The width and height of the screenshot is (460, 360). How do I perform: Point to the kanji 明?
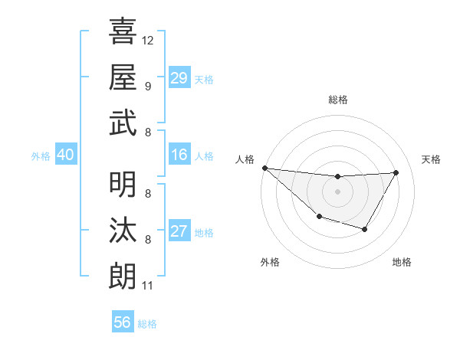coord(123,184)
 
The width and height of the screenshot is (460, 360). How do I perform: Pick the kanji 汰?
coord(123,230)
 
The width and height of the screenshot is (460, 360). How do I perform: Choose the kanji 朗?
coord(123,276)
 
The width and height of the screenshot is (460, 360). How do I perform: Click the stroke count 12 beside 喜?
coord(148,40)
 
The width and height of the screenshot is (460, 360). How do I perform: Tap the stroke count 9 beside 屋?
coord(147,86)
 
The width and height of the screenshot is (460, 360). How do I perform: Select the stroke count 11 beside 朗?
coord(147,286)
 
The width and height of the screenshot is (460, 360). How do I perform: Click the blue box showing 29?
coord(179,78)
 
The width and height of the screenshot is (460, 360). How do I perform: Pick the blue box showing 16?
coord(179,155)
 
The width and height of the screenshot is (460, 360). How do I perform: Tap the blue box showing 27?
coord(179,231)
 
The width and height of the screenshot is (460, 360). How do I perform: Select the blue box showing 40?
coord(65,155)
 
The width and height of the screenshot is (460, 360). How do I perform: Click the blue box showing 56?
coord(123,322)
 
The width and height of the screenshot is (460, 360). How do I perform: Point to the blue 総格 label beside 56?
coord(147,324)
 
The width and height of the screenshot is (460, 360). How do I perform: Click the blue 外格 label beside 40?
coord(41,156)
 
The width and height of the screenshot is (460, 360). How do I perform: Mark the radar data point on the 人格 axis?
coord(264,168)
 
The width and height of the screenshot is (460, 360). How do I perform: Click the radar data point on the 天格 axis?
coord(396,172)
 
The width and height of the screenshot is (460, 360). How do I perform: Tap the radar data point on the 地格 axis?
coord(365,229)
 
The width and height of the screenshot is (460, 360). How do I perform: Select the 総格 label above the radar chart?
coord(338,100)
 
